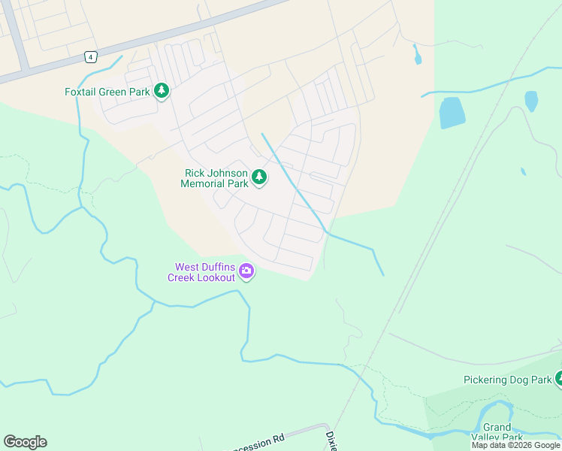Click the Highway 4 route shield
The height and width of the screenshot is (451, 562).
[90, 57]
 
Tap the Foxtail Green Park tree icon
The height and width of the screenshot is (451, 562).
[161, 91]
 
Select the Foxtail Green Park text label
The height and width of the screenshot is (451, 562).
[107, 92]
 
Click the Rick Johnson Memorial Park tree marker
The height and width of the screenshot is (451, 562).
[259, 177]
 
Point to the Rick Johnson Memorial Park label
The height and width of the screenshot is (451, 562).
[216, 178]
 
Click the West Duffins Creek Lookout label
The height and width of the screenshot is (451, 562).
[204, 272]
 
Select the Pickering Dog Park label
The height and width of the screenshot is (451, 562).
[507, 380]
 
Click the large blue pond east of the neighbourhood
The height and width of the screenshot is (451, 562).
[452, 113]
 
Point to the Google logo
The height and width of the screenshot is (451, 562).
[25, 442]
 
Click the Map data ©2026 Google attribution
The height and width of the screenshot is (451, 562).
[515, 446]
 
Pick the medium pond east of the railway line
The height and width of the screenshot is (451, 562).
[531, 101]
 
